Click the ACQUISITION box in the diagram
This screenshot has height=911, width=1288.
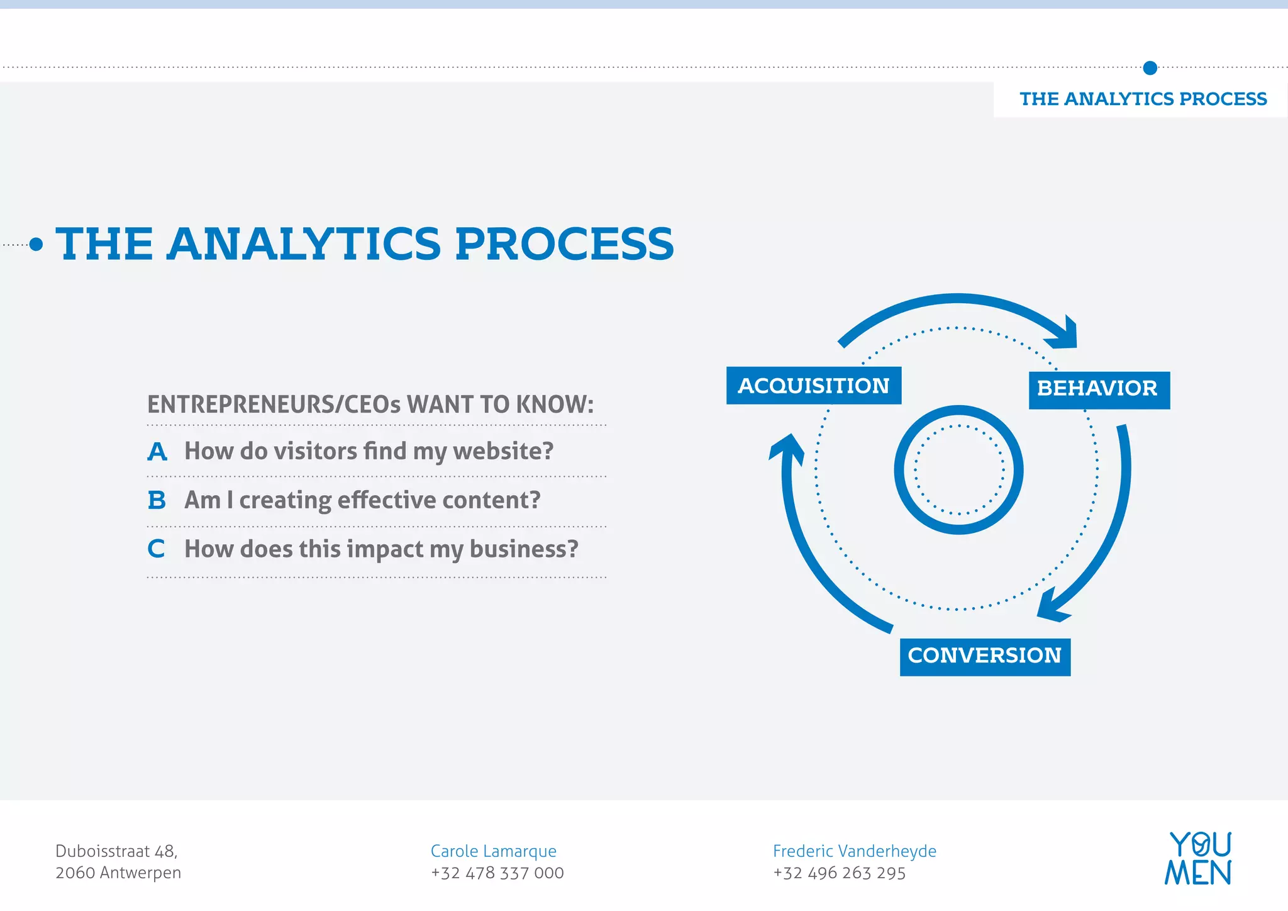tap(813, 386)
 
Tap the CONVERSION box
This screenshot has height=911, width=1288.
tap(985, 657)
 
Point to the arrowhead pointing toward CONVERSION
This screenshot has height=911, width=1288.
tap(1052, 606)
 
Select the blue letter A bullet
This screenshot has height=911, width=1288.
tap(157, 452)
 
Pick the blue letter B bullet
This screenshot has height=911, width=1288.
tap(157, 501)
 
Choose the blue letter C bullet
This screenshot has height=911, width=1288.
tap(156, 549)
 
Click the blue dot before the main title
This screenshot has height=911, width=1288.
tap(36, 244)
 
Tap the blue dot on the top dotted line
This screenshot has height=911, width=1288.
tap(1150, 68)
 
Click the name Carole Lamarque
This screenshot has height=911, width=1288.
tap(493, 851)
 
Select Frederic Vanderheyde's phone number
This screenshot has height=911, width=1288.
tap(839, 873)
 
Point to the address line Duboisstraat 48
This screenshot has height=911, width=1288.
tap(116, 851)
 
